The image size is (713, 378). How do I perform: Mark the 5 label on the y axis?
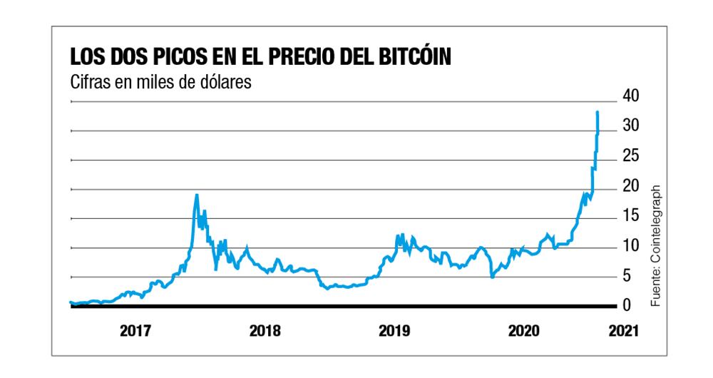627,276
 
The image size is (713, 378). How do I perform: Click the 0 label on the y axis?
627,306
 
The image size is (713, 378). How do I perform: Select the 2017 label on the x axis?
135,331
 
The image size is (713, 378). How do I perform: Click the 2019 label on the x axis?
393,331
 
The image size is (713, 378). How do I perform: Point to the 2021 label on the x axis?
617,331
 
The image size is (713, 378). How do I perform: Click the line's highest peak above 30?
597,113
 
